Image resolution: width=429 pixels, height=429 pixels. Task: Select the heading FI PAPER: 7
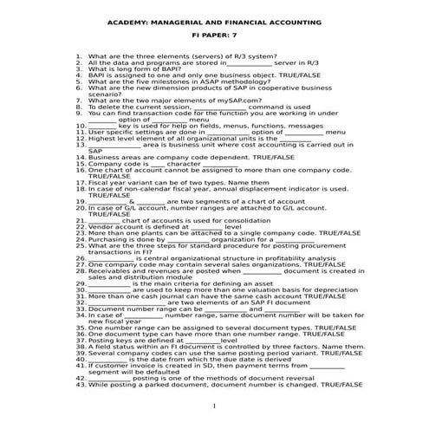point(213,39)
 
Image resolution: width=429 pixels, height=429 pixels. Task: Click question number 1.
point(79,55)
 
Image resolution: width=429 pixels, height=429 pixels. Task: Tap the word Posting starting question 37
point(101,341)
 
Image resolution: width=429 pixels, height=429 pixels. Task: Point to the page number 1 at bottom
point(214,406)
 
